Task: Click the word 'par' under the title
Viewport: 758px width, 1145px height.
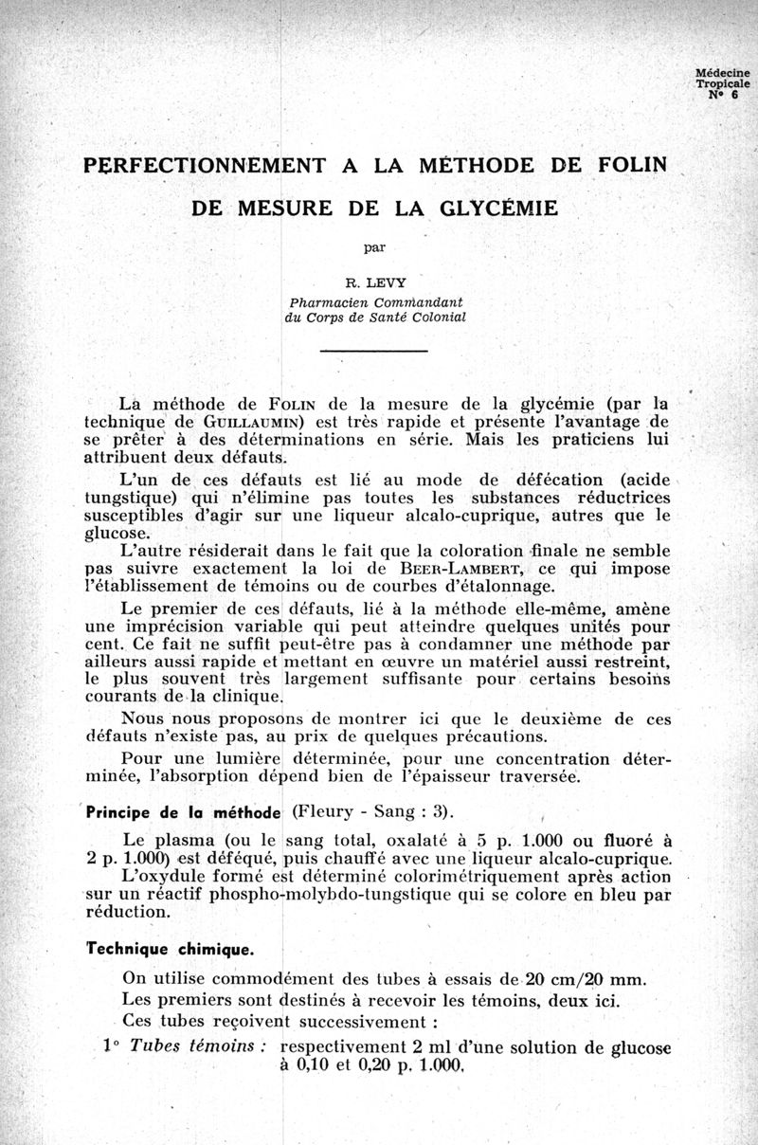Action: (375, 248)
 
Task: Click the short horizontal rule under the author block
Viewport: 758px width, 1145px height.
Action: (374, 352)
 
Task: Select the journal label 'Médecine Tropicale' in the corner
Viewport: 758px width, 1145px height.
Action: (722, 78)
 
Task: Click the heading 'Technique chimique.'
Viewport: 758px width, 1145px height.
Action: (170, 949)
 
